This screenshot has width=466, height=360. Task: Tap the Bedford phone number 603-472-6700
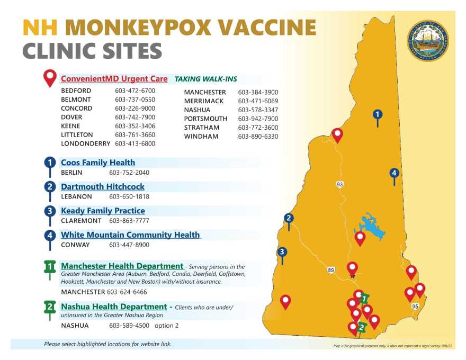(x=135, y=91)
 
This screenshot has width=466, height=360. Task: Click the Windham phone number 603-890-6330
(x=258, y=137)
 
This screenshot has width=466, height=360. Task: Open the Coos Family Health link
(x=98, y=163)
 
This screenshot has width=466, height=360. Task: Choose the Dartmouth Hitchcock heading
(x=102, y=186)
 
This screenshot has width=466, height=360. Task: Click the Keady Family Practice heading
(x=103, y=211)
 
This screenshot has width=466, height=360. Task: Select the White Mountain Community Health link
(x=130, y=235)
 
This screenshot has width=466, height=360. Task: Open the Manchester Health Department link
(x=122, y=266)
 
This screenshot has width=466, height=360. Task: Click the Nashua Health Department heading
(x=114, y=307)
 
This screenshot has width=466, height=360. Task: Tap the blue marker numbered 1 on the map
(x=377, y=114)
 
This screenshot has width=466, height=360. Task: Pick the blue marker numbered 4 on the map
(x=393, y=173)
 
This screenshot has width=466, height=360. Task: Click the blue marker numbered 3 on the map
(x=282, y=252)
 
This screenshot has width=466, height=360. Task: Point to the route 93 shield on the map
(x=339, y=184)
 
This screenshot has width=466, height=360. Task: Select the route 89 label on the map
(x=331, y=270)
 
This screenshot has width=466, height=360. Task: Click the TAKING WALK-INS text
(x=206, y=79)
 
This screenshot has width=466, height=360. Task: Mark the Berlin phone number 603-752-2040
(x=129, y=173)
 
